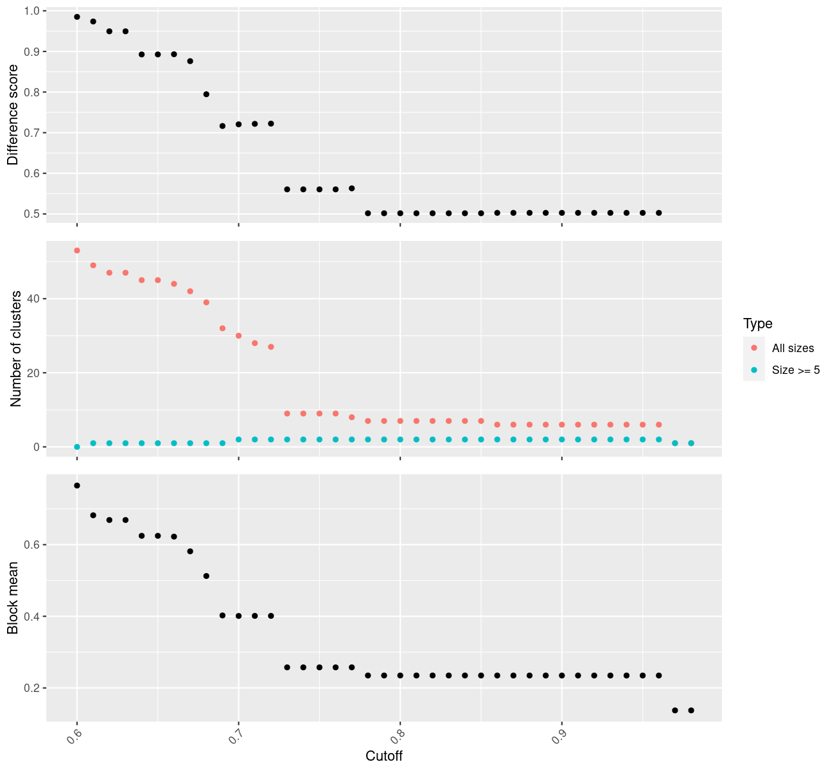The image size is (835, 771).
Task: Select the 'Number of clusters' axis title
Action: point(17,349)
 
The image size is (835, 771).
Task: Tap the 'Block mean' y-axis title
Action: point(13,598)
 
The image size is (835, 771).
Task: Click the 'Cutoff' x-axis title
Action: point(384,756)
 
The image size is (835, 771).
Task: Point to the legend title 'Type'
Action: point(758,323)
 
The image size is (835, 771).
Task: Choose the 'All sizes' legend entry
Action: point(793,348)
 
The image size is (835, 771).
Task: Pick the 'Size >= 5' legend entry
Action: point(796,370)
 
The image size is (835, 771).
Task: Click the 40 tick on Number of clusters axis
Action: point(33,299)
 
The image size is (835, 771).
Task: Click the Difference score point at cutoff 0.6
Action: point(77,17)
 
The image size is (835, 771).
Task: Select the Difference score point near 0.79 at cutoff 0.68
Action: point(206,94)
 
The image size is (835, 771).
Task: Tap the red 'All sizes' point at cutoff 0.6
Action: point(77,251)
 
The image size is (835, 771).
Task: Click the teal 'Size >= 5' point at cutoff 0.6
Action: point(77,447)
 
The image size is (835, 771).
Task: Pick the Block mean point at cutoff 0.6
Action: point(77,486)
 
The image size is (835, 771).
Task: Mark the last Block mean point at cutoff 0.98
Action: point(691,710)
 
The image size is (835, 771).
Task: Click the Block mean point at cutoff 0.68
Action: point(206,576)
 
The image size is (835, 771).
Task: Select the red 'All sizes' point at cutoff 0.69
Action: point(222,328)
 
